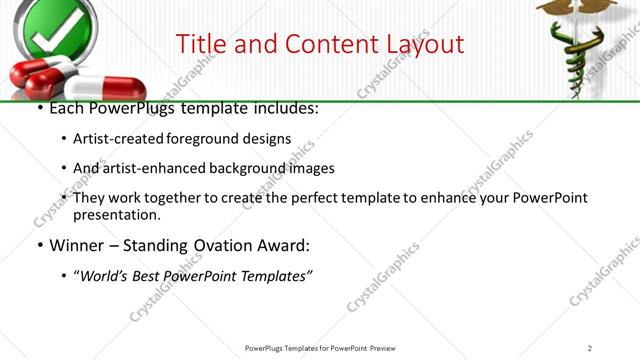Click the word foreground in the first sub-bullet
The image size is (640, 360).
point(207,138)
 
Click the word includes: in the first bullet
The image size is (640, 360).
point(281,108)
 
